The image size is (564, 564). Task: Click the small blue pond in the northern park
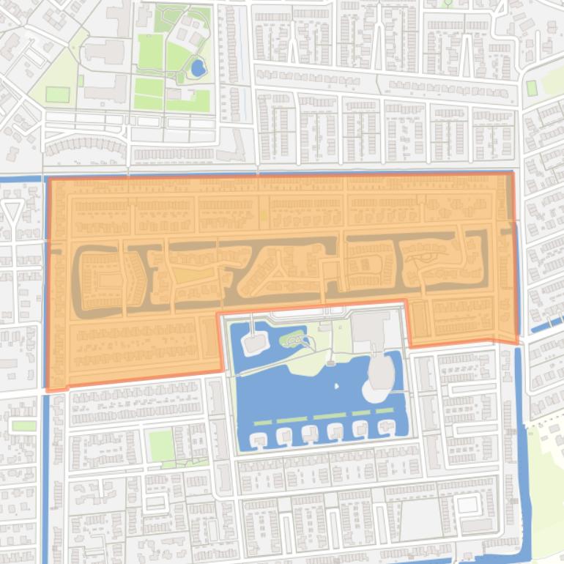(197, 69)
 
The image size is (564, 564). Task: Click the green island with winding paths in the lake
(294, 339)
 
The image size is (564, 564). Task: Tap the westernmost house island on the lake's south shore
(259, 439)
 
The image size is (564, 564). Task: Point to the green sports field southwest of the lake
(161, 445)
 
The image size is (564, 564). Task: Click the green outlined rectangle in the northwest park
(57, 94)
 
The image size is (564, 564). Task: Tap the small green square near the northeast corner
(531, 88)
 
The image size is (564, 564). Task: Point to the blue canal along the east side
(521, 439)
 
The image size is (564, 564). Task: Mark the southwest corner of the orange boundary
(48, 389)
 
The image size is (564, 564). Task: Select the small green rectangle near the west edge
(23, 426)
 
